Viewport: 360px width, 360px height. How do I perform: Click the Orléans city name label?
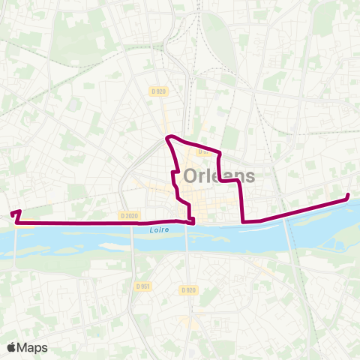(x=218, y=176)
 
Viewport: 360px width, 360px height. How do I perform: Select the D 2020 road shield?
(x=129, y=215)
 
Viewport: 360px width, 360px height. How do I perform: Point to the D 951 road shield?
(x=143, y=286)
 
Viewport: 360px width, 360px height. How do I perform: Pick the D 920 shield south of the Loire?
(x=187, y=289)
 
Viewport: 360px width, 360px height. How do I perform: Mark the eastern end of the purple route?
(x=348, y=196)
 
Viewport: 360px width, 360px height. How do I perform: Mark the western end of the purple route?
(x=13, y=214)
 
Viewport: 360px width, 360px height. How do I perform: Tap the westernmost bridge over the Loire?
(x=15, y=240)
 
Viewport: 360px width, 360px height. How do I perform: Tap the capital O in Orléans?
(x=190, y=176)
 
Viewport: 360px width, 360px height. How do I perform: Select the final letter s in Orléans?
(x=249, y=178)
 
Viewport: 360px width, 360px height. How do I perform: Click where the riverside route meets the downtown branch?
(x=193, y=222)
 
